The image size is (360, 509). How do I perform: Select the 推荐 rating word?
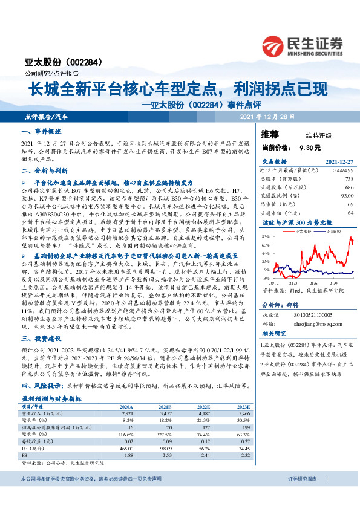[x=270, y=134]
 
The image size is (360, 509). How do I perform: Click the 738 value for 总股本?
[x=349, y=179]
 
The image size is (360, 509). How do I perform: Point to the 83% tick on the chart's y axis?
[x=266, y=238]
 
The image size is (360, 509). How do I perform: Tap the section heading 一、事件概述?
[x=40, y=132]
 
